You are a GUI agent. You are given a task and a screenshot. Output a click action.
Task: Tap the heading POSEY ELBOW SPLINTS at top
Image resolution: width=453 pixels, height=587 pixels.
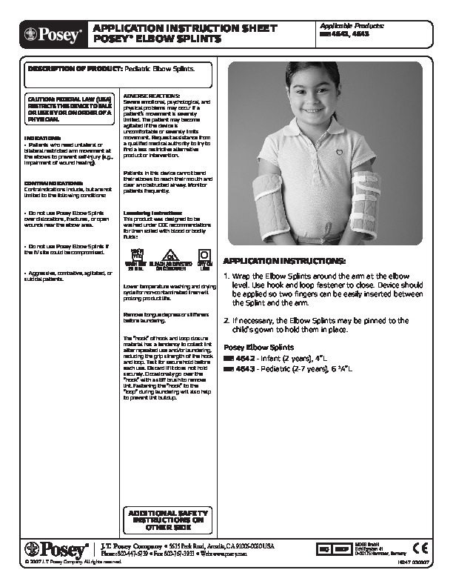(156, 38)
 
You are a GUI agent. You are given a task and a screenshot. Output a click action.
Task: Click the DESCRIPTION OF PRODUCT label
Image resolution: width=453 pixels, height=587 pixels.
(73, 67)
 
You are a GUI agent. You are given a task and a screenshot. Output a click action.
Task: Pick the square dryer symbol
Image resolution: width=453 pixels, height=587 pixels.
(204, 256)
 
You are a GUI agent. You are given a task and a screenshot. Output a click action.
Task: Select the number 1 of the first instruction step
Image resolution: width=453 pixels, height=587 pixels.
(226, 276)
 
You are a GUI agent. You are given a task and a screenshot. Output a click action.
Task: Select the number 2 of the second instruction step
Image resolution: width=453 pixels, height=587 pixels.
(226, 320)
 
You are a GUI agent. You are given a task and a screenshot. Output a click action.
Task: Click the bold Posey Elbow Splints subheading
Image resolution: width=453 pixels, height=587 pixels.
(258, 347)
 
